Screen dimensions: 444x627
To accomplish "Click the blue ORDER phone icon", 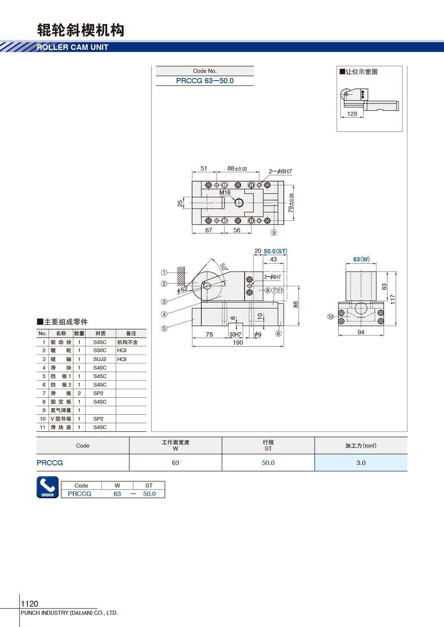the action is pos(47,487).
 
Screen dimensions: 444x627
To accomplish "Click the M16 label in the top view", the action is pos(225,193).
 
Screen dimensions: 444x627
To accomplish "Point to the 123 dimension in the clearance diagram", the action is pos(352,114).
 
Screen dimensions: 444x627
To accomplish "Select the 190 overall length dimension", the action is pos(238,343).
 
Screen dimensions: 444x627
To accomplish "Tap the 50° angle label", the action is pos(224,267).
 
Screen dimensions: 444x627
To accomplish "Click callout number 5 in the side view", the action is pos(164,328).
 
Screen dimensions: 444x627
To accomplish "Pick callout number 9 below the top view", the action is pos(274,232).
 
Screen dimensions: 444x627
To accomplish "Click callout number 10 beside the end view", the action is pos(331,317).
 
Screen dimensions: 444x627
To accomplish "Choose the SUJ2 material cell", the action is pos(100,359).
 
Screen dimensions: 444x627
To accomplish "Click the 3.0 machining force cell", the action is pos(361,463).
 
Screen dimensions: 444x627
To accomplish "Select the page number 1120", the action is pos(29,603).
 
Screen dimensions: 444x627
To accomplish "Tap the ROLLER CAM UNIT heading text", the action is pos(73,47).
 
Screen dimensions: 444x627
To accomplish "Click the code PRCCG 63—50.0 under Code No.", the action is pos(205,81).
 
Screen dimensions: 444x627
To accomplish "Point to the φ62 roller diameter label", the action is pos(182,289).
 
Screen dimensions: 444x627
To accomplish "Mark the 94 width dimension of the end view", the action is pos(361,332).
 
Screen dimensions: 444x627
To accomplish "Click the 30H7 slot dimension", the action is pos(235,334).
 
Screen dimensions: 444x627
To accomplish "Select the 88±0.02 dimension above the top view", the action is pos(237,169).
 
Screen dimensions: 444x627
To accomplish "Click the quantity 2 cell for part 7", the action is pos(79,393).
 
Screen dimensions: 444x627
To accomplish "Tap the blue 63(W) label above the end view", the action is pos(361,259).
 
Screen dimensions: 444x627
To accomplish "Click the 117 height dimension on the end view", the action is pos(393,299).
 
